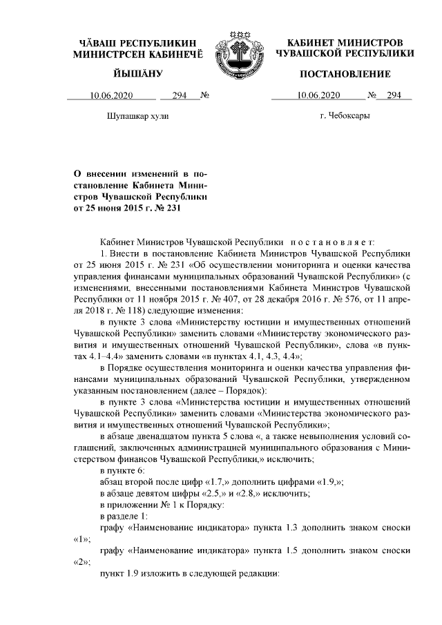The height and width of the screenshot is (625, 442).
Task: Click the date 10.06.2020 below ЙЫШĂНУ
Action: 112,96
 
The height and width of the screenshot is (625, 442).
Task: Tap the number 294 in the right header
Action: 394,96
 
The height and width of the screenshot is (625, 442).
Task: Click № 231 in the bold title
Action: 173,208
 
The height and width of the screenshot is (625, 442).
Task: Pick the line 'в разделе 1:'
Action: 124,517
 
